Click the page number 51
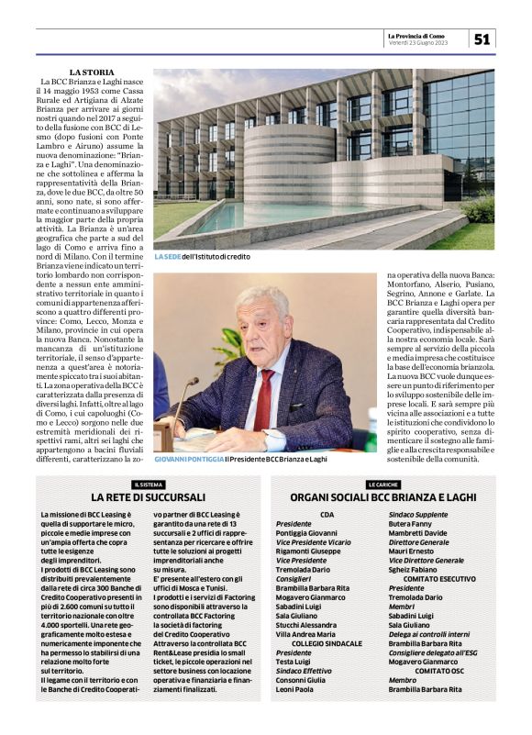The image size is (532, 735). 482,38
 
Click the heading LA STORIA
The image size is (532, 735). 92,72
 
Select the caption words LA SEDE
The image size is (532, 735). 168,257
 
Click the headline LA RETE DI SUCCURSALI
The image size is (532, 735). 149,497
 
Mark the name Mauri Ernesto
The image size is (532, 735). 414,551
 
